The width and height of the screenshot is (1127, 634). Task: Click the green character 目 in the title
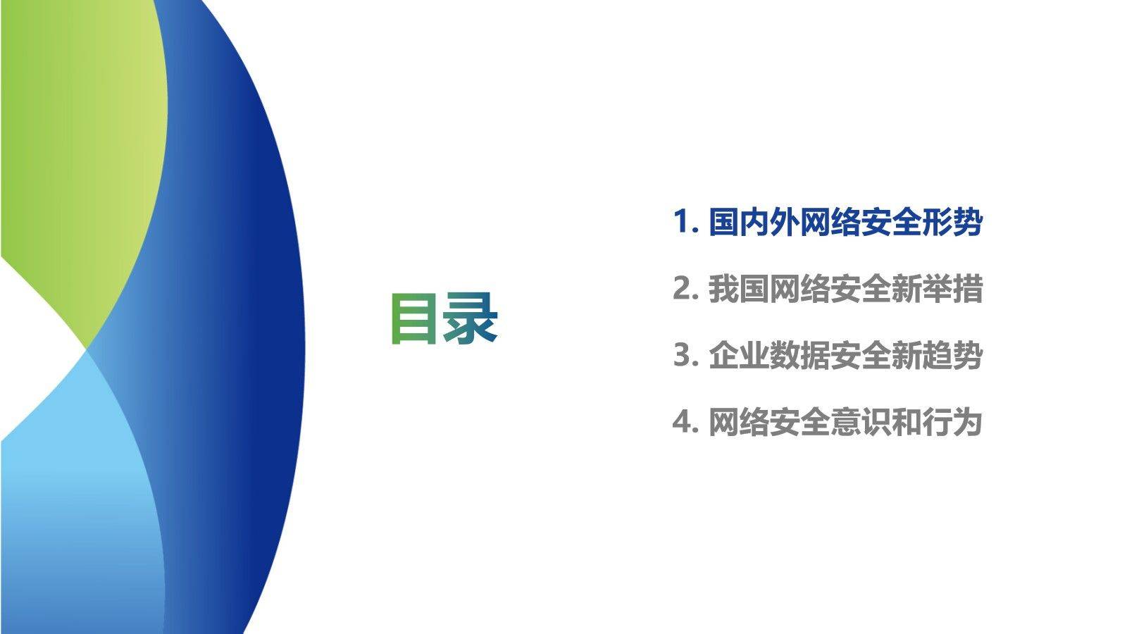coord(415,320)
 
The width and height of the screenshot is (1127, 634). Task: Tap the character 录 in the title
coord(471,320)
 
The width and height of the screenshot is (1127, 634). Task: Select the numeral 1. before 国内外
coord(685,223)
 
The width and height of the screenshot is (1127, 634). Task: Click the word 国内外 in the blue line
coord(754,223)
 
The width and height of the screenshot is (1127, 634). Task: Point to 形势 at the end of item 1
coord(952,223)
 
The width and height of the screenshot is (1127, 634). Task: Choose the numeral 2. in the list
coord(685,289)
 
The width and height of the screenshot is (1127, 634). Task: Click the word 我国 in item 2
coord(739,289)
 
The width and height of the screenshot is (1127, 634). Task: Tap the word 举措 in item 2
coord(952,289)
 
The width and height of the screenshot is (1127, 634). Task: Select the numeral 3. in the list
coord(685,355)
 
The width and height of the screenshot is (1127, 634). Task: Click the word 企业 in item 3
coord(739,355)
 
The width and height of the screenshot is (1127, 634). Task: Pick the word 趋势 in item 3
coord(952,355)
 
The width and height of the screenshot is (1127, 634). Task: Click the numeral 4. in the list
coord(685,422)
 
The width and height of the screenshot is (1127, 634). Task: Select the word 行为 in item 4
coord(952,422)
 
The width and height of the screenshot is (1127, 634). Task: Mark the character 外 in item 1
coord(785,223)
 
